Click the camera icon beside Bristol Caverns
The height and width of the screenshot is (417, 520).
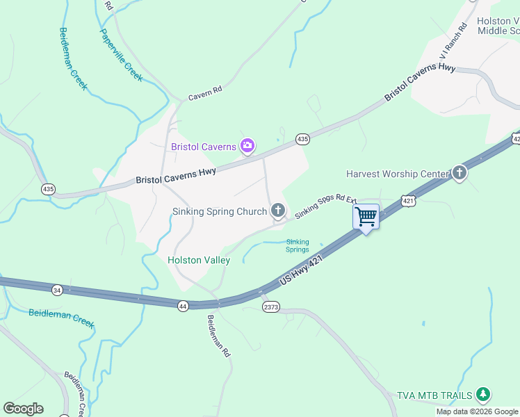pos(247,146)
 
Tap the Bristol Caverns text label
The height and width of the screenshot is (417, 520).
pos(203,147)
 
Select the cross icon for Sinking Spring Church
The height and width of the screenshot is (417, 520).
pos(278,211)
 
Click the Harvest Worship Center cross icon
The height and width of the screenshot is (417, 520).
pos(459,173)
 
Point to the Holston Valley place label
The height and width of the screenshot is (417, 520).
pos(199,260)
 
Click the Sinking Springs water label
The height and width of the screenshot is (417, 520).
pos(298,246)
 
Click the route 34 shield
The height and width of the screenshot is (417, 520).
pos(57,289)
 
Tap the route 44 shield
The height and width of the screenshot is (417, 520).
pos(182,306)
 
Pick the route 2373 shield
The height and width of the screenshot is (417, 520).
pos(270,306)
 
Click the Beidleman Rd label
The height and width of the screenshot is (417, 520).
pos(218,336)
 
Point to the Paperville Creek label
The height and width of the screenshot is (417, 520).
pos(121,55)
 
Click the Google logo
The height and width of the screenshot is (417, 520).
pos(23,409)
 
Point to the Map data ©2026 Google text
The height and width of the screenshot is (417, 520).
pos(477,411)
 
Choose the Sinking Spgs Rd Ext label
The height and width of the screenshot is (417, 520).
pos(325,206)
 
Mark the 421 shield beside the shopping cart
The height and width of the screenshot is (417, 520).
pos(408,201)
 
